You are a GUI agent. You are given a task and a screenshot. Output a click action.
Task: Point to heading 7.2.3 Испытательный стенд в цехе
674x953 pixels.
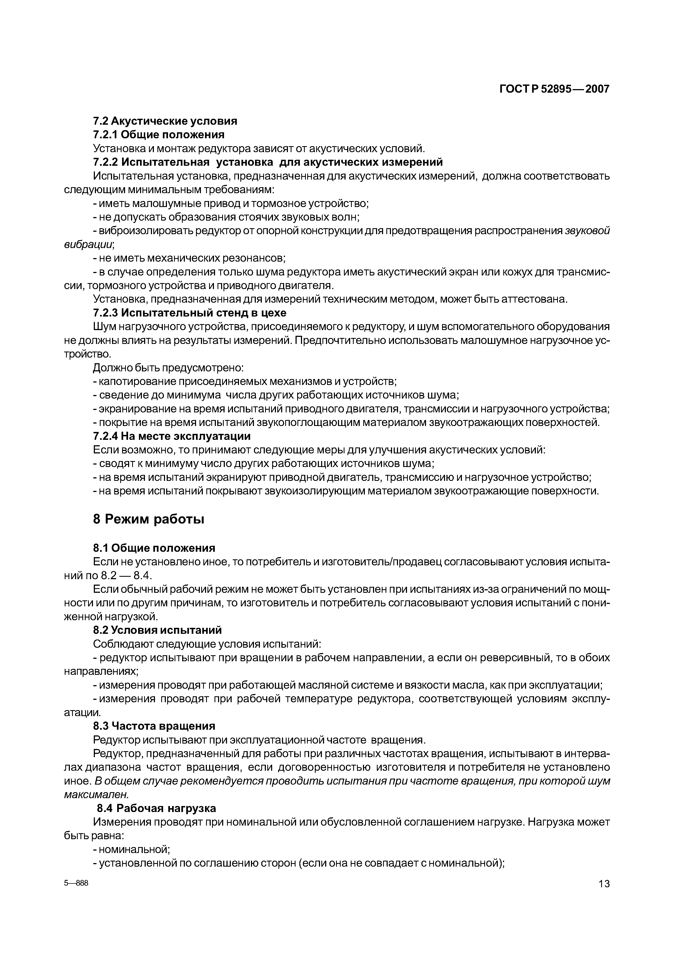point(190,312)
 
